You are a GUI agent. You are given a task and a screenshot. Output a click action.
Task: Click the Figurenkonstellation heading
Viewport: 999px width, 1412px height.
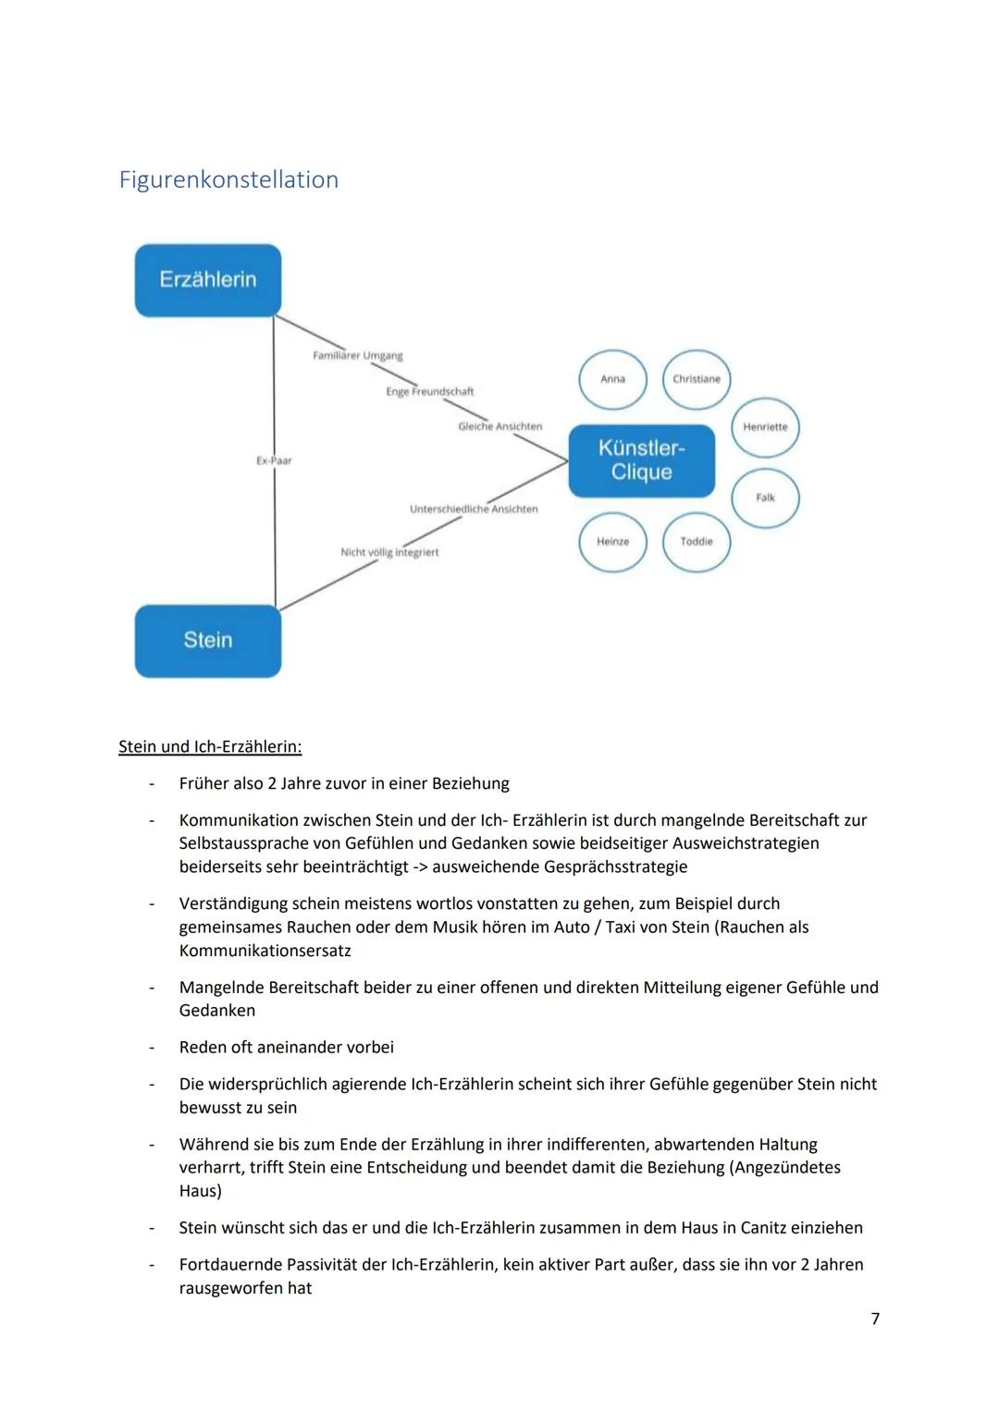[x=228, y=179]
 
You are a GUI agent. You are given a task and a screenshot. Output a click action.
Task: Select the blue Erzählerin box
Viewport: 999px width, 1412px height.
[x=208, y=280]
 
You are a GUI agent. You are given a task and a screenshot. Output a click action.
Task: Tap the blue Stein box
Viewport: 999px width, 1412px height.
[x=208, y=640]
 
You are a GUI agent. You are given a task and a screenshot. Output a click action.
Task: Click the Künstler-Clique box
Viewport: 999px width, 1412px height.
[x=641, y=460]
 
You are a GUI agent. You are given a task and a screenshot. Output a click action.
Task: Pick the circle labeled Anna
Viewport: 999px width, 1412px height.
[x=612, y=379]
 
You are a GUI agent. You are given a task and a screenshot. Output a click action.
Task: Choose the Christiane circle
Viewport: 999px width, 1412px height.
[x=697, y=379]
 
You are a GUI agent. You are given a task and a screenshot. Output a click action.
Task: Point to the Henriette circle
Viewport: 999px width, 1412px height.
[x=765, y=427]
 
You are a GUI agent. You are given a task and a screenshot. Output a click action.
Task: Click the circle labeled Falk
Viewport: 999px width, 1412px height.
[x=765, y=497]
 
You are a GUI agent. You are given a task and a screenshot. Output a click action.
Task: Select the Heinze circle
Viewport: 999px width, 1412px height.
[x=612, y=542]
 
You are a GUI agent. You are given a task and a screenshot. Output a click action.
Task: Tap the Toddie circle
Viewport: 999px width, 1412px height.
[x=697, y=542]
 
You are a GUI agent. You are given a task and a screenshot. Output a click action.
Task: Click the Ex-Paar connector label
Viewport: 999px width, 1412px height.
[x=274, y=460]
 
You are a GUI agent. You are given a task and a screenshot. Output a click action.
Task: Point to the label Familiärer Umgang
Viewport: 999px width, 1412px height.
[x=357, y=356]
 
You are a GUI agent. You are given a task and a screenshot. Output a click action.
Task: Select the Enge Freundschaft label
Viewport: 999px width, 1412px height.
[x=429, y=392]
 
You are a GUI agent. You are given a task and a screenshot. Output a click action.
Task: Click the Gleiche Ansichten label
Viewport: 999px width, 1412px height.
[x=499, y=426]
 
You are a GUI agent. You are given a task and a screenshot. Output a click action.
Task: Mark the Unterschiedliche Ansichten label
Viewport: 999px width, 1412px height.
[x=474, y=510]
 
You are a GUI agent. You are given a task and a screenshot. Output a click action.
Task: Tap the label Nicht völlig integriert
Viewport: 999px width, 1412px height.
[x=389, y=552]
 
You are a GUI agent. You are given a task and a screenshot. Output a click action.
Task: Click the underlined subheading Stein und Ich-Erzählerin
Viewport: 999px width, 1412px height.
[x=210, y=746]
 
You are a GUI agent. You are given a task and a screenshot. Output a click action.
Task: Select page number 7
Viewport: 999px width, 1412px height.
[x=875, y=1319]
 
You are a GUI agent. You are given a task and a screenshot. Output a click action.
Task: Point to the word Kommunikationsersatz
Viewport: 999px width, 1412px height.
[x=265, y=951]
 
